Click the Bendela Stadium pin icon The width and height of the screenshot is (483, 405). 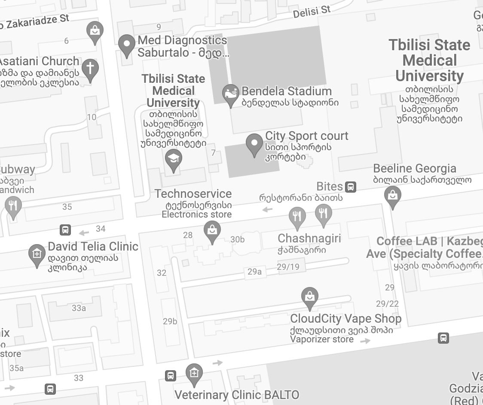(231, 94)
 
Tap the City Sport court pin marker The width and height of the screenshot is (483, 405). (254, 144)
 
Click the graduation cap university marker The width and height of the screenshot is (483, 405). (174, 159)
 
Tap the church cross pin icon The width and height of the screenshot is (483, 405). (90, 69)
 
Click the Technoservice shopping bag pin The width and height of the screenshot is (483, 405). (212, 231)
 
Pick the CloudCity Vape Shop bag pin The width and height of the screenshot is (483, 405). (309, 297)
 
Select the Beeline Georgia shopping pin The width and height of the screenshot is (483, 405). (392, 196)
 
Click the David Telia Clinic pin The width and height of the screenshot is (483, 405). (37, 254)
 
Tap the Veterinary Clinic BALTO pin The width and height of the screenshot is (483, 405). (194, 373)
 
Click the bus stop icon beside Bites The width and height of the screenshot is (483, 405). (351, 187)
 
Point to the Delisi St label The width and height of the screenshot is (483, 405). (312, 12)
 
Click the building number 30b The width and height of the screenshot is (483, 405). (238, 239)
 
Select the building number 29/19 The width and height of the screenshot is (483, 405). (288, 267)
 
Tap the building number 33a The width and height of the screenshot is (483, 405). (79, 308)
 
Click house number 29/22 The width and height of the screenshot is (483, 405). (387, 304)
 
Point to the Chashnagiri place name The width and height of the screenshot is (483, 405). (309, 239)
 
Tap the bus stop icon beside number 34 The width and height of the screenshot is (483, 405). (65, 230)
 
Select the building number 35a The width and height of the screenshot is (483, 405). (16, 368)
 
